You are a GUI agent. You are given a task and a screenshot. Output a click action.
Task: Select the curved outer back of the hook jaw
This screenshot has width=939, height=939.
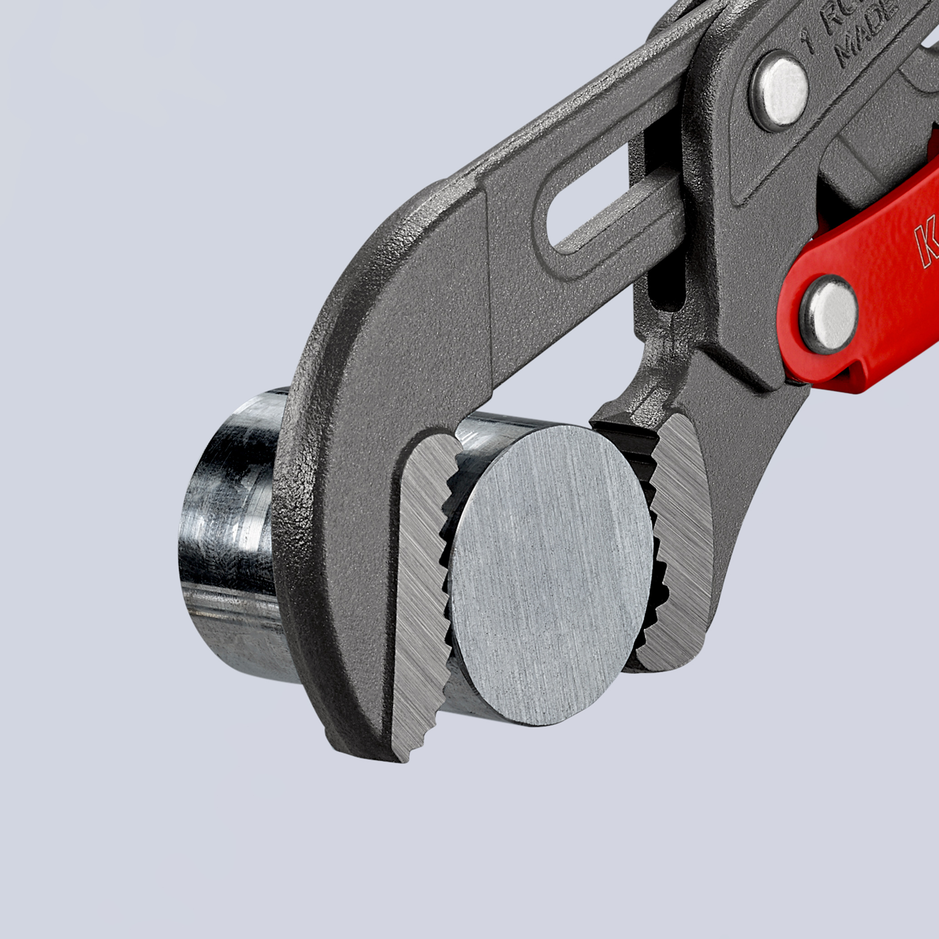[x=311, y=486]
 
